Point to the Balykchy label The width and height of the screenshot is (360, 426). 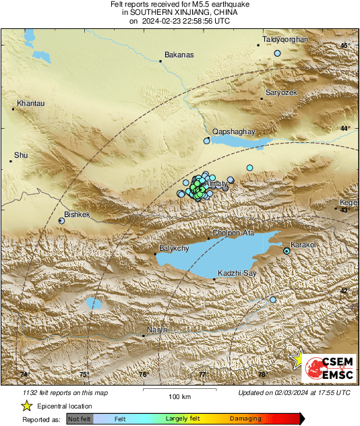pyautogui.click(x=174, y=249)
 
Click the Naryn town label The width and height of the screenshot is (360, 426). pyautogui.click(x=156, y=330)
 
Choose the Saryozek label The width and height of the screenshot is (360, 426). pyautogui.click(x=280, y=92)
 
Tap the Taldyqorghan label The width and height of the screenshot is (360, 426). pyautogui.click(x=285, y=40)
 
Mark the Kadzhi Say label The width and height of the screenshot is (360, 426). pyautogui.click(x=236, y=272)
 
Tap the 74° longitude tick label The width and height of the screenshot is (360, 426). pyautogui.click(x=25, y=374)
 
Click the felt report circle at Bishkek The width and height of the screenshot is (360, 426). pyautogui.click(x=62, y=220)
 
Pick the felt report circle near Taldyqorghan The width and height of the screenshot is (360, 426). pyautogui.click(x=277, y=53)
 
